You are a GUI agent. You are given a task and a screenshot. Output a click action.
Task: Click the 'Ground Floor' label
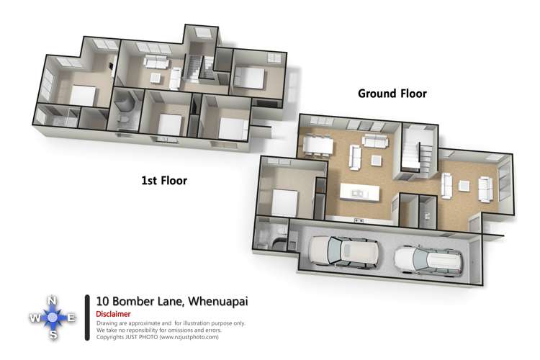coord(392,94)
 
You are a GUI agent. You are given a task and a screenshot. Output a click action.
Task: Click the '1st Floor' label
coord(163,181)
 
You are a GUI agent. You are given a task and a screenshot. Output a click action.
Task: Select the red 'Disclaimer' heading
coord(113,314)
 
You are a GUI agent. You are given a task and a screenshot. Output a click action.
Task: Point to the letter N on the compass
coord(52,300)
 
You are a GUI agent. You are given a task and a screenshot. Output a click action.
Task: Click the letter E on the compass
coord(72,317)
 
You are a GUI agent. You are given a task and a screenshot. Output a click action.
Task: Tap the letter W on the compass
coord(34,318)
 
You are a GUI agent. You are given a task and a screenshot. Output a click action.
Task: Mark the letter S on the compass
coord(53,335)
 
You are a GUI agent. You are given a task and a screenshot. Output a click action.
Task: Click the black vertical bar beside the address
coord(88,318)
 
